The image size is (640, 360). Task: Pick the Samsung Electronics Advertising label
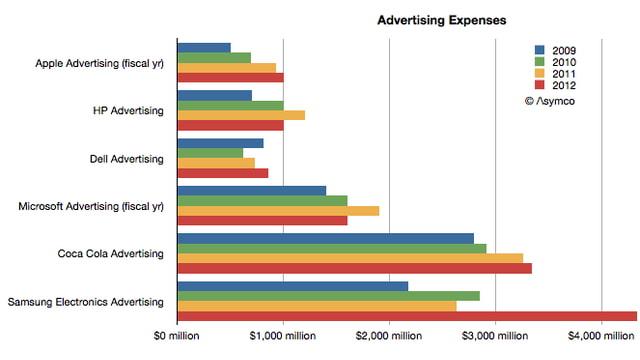[86, 301]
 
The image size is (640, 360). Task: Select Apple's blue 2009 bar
[204, 47]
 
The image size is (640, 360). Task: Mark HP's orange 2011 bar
[241, 114]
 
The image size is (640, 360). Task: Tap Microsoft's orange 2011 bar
[278, 210]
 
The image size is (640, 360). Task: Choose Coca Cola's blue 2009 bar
[325, 238]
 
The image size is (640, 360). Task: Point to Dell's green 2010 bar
[210, 152]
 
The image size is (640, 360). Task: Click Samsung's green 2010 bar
[328, 295]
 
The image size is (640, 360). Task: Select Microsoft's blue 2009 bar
[251, 190]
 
